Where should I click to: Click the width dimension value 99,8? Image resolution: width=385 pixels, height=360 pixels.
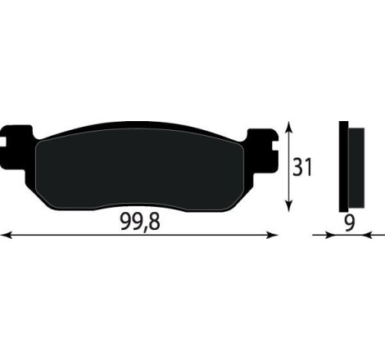(139, 223)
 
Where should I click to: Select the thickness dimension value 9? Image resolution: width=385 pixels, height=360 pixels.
(351, 222)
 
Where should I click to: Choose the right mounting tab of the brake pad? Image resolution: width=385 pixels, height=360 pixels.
(263, 148)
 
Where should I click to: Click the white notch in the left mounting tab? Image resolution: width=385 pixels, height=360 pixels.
(8, 148)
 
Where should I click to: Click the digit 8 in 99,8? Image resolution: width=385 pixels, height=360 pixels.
(156, 223)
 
